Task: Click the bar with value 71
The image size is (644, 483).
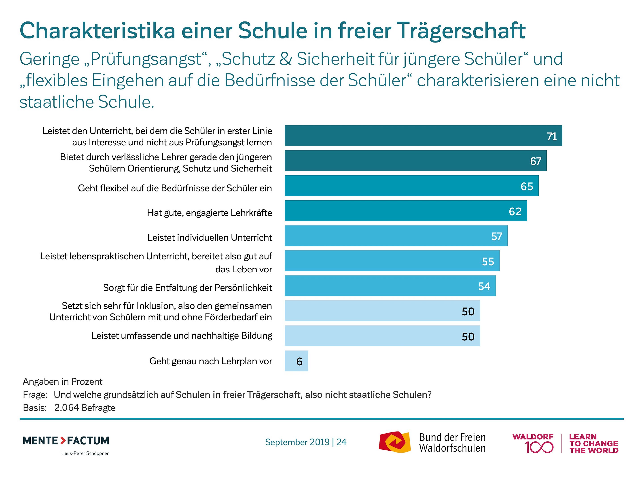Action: [x=423, y=136]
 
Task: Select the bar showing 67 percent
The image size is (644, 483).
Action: [x=415, y=161]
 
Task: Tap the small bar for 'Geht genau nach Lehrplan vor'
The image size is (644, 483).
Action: [x=296, y=361]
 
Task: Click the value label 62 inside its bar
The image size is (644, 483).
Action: [x=515, y=211]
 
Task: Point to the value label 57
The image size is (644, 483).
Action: [x=497, y=236]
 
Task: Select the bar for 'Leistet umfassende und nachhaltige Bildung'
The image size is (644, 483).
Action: [x=382, y=336]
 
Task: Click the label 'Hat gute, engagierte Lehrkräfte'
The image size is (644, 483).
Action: [x=209, y=213]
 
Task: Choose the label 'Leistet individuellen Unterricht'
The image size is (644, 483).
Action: [x=210, y=237]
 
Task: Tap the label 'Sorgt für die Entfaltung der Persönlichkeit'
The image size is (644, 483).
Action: [x=187, y=288]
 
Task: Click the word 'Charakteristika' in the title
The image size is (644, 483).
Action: [x=97, y=31]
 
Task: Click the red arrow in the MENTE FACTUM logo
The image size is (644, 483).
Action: [x=63, y=441]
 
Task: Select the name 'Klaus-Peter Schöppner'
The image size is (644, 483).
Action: [x=85, y=453]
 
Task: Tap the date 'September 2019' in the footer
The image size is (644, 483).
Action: [x=297, y=442]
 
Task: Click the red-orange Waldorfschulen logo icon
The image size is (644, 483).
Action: [x=394, y=442]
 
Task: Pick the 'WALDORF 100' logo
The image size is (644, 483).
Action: [x=533, y=443]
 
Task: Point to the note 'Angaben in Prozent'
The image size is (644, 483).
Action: [x=63, y=381]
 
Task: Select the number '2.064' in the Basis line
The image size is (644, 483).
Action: [x=67, y=408]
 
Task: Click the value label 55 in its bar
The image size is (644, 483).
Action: [x=488, y=261]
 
